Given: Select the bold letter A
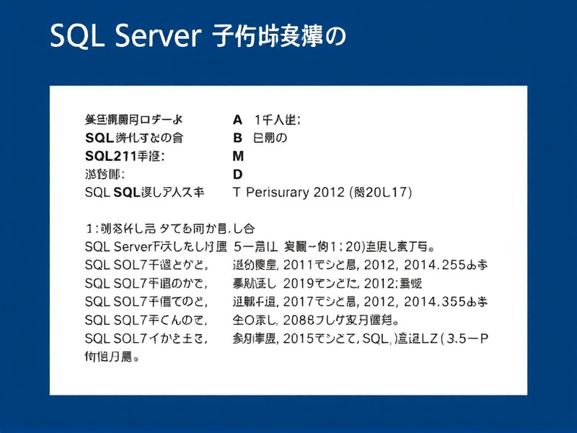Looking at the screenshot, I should tap(237, 118).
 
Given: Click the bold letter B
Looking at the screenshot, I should tap(237, 137).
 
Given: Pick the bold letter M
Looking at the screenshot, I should tap(238, 156).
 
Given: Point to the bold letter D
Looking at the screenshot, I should tap(237, 174).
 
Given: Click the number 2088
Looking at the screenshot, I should tap(300, 319).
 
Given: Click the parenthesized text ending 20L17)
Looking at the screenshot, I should tap(380, 193).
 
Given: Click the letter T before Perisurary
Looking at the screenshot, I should tap(237, 193).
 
